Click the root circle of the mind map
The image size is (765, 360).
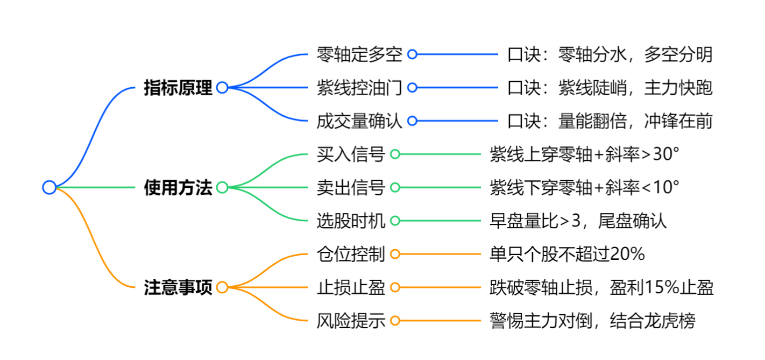[49, 187]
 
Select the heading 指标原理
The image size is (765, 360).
[178, 88]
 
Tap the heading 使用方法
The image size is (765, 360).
[178, 188]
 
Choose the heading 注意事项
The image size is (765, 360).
[178, 287]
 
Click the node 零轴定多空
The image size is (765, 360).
[359, 54]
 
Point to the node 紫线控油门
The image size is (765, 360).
[359, 88]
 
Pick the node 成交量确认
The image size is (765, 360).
[359, 121]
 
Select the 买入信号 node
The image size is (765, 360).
[351, 154]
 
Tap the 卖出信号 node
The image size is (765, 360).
[351, 188]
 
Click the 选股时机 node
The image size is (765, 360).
[351, 221]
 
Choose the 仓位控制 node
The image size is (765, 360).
[351, 254]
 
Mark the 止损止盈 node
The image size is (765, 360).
[351, 287]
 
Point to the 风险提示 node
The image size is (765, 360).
[351, 321]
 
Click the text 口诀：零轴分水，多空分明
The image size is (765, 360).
[610, 54]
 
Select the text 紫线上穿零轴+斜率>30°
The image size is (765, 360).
[584, 154]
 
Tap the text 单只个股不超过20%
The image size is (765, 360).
[567, 254]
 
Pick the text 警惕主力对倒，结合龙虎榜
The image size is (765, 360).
[592, 321]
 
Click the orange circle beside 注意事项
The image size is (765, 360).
[222, 287]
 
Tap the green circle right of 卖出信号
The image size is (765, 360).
[395, 188]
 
